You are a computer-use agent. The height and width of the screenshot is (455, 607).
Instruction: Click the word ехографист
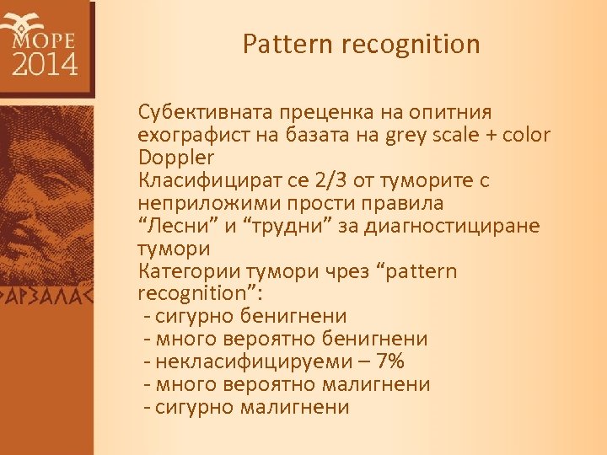pos(184,135)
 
